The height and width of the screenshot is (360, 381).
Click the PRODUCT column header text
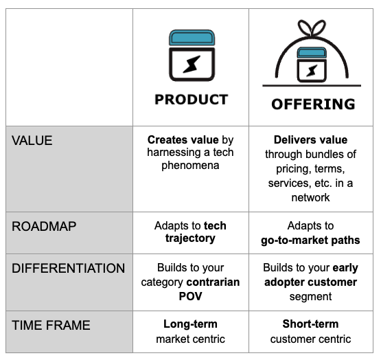point(191,100)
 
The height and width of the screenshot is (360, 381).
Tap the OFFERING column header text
point(312,104)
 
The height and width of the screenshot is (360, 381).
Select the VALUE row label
point(32,140)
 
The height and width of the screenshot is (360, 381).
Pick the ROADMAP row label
point(43,226)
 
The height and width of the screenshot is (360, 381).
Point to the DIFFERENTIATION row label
point(68,269)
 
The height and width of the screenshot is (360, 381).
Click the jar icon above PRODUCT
point(191,56)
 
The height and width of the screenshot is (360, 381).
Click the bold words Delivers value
point(310,139)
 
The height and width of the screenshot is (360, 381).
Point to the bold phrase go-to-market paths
point(310,240)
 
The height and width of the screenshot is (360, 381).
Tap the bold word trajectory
point(190,239)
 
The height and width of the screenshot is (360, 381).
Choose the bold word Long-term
point(190,324)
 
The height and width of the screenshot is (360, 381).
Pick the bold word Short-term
point(310,324)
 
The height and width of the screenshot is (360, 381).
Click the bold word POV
point(190,296)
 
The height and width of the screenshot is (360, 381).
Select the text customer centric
point(310,339)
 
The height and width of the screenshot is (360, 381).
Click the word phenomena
point(190,166)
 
